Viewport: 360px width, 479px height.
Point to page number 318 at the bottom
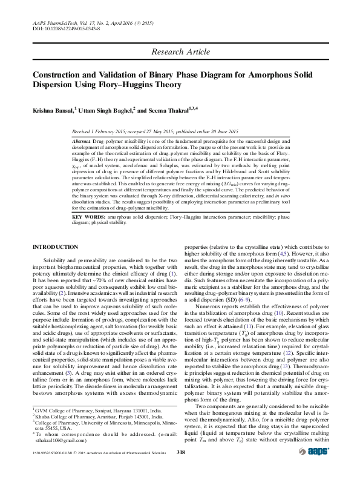[180, 469]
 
